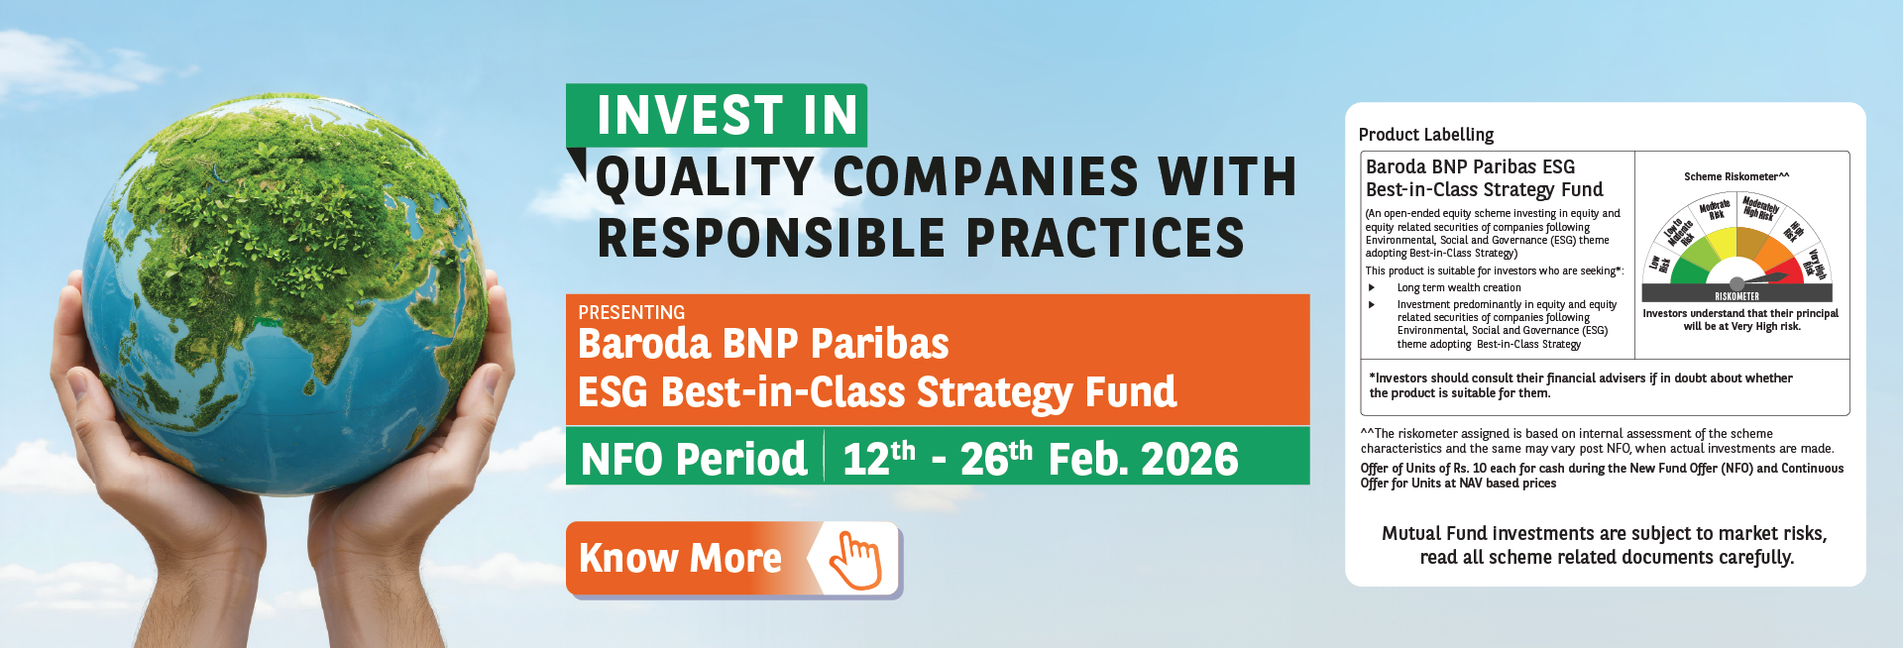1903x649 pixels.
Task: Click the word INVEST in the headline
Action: click(690, 115)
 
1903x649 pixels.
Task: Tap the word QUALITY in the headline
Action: click(705, 177)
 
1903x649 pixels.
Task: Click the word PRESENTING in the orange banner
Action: click(631, 312)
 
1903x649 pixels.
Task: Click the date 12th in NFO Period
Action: click(879, 459)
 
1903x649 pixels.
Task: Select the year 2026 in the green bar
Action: click(1189, 460)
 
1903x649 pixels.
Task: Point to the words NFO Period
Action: click(694, 460)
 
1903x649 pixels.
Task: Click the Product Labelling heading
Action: click(1426, 135)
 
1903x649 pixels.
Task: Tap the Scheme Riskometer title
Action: click(1736, 176)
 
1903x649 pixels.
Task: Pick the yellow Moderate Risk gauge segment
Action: click(1722, 243)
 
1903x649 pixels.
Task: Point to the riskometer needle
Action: click(1763, 277)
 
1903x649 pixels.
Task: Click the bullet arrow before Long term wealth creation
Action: click(1372, 287)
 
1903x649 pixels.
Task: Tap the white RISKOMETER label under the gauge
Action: click(1736, 296)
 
